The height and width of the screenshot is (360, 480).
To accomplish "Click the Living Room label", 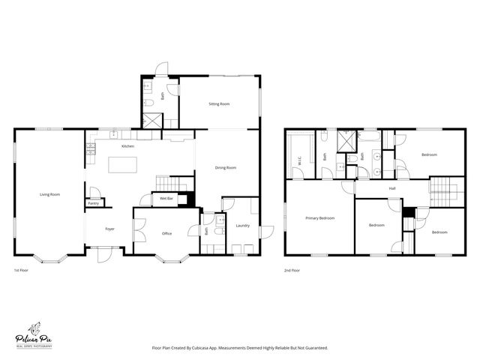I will (49, 194).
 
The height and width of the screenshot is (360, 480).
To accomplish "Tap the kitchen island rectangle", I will (124, 163).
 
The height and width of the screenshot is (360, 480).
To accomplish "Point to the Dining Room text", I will (226, 167).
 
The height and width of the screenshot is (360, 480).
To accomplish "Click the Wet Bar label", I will (166, 199).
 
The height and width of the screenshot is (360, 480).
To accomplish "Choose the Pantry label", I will (94, 203).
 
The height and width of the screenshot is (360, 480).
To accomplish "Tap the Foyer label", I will (109, 229).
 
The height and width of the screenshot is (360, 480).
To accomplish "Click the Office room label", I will (166, 233).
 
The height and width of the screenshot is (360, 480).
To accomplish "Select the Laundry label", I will (242, 225).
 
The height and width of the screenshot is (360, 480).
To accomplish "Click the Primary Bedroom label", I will (319, 218).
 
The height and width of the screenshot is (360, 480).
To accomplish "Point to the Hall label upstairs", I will (392, 188).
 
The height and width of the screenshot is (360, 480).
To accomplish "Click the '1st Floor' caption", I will (22, 270).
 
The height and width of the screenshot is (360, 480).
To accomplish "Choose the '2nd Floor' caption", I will (292, 270).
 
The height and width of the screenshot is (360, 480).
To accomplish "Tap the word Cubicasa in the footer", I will (215, 348).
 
